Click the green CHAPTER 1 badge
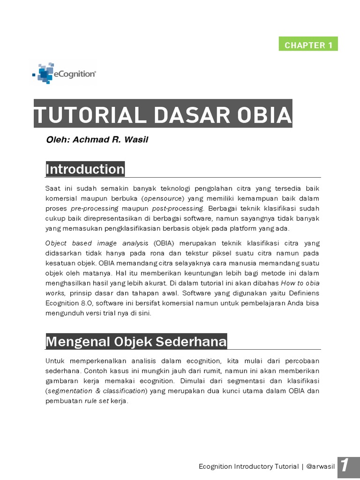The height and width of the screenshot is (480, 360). [308, 45]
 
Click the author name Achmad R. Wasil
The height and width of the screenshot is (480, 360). [110, 140]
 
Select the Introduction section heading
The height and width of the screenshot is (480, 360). [85, 169]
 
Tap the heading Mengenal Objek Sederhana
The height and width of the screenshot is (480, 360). [136, 342]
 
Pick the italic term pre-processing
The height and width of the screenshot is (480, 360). [94, 208]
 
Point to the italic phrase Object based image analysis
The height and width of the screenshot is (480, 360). [97, 243]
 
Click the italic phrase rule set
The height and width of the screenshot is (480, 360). [94, 401]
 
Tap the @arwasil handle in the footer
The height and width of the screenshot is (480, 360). [319, 466]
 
